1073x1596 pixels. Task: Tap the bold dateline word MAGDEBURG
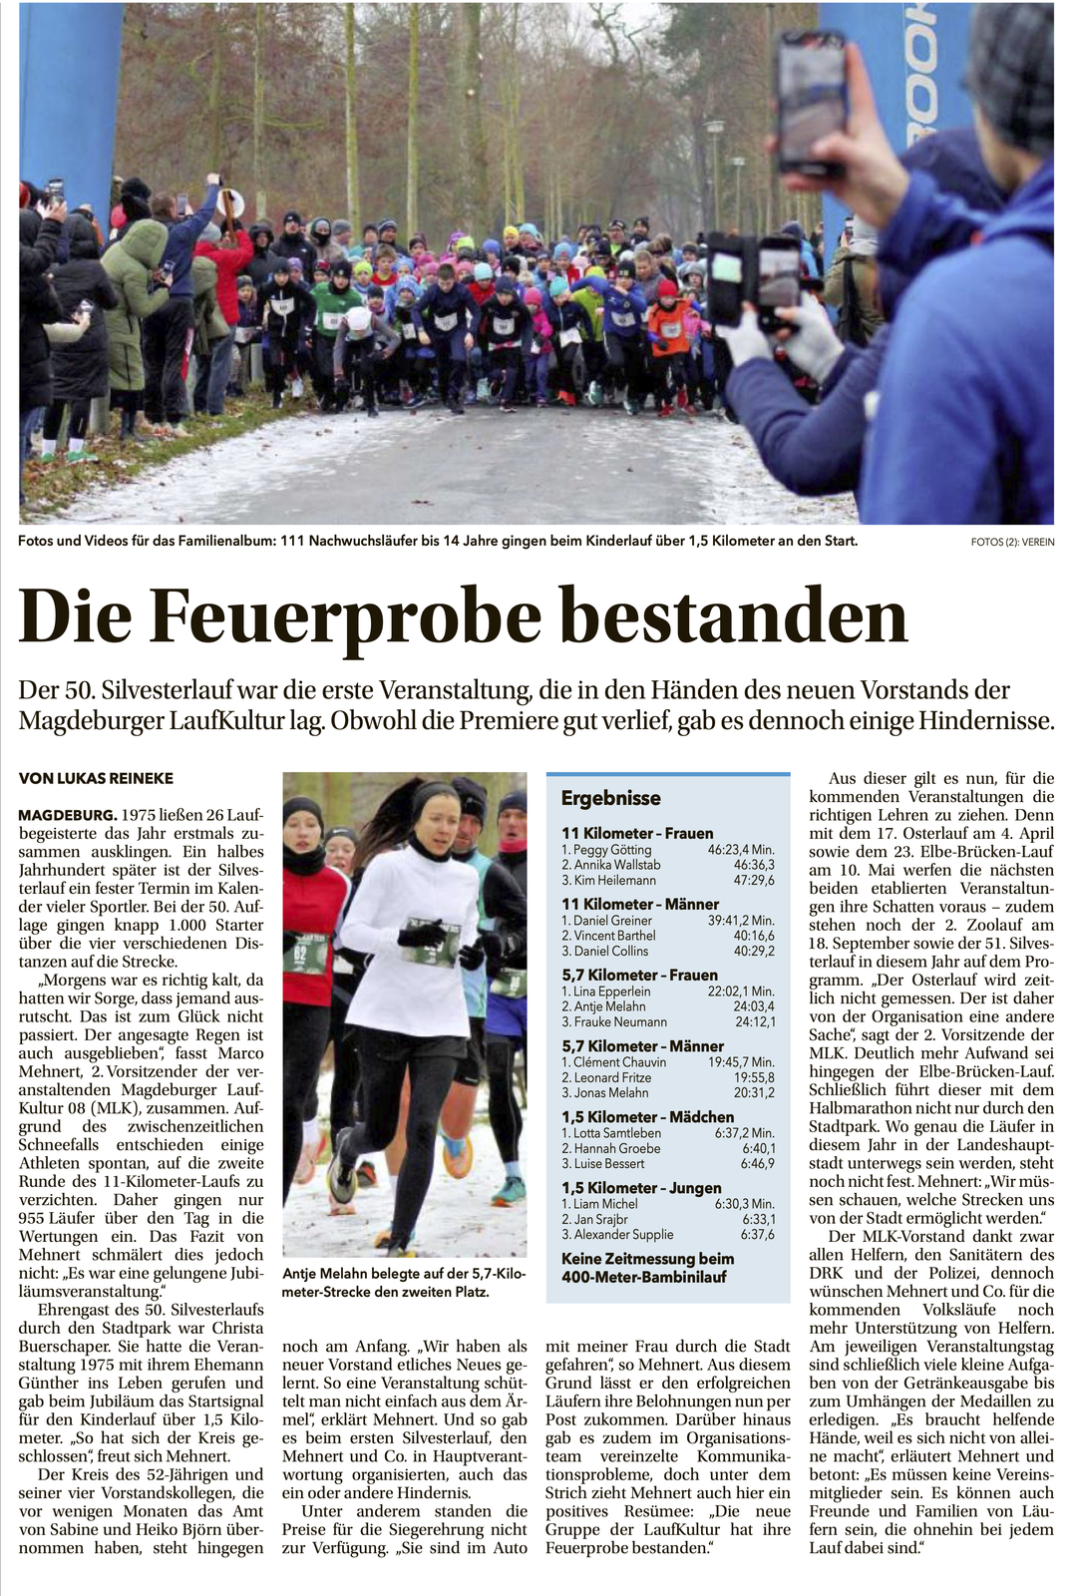click(67, 815)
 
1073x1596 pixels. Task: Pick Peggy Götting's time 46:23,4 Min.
click(741, 850)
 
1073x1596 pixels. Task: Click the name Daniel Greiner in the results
click(612, 921)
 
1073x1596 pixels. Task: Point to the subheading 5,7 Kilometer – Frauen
click(639, 975)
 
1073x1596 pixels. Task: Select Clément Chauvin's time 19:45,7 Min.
click(741, 1062)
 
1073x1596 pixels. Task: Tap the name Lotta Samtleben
click(616, 1133)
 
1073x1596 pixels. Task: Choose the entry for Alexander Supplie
click(623, 1235)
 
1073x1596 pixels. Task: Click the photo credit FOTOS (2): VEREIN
click(1011, 543)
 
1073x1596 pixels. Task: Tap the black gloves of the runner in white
click(429, 934)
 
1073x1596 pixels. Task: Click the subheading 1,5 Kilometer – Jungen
click(641, 1188)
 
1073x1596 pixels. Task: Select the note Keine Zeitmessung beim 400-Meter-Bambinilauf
click(647, 1268)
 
